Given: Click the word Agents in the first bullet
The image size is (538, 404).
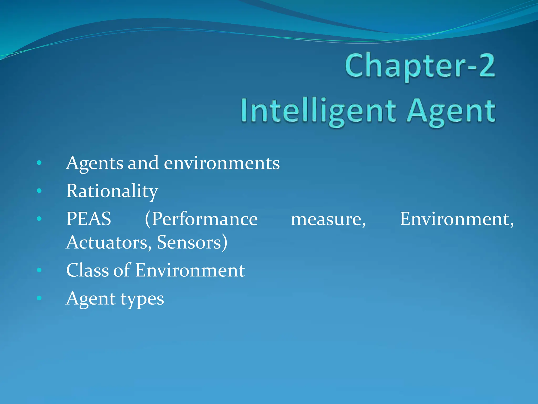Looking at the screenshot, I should (x=95, y=164).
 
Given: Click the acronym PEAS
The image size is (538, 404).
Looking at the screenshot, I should (x=89, y=219).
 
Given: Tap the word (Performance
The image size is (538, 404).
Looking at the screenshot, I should (x=201, y=219).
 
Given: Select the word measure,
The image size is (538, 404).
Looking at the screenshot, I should (x=328, y=219).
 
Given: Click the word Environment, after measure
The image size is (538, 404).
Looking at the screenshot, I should (x=457, y=219).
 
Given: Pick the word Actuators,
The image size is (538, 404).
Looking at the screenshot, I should (x=109, y=242).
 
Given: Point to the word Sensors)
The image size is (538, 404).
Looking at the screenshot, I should (x=192, y=242).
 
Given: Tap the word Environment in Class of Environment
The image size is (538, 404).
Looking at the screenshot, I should (x=190, y=270).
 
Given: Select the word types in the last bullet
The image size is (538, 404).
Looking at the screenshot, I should (x=142, y=299).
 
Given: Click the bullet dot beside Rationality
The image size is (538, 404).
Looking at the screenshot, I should (x=39, y=191).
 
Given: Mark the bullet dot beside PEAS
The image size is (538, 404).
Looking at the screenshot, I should (x=39, y=219).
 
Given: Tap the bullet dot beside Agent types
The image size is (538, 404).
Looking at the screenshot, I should (x=39, y=298).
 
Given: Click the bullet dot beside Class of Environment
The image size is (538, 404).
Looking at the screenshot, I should (x=39, y=270).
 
